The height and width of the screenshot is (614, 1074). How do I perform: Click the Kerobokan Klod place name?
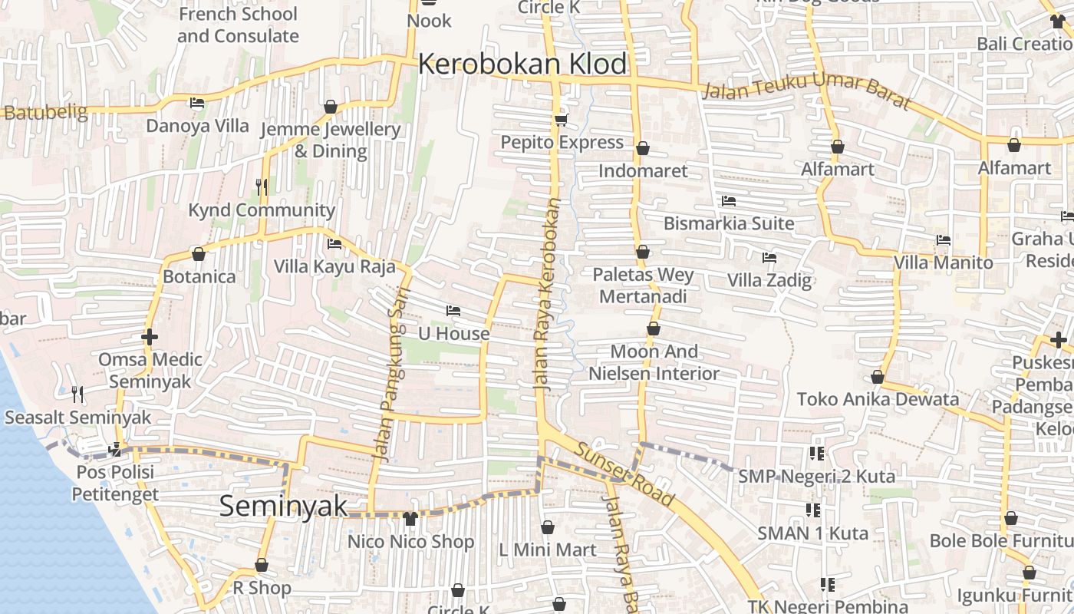[x=522, y=64]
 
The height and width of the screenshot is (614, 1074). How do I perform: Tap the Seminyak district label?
[x=283, y=507]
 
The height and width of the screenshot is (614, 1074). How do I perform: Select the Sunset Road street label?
[x=625, y=475]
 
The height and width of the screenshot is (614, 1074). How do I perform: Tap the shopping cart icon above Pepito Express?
[x=562, y=120]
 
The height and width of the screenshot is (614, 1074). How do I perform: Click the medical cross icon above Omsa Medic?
[x=150, y=337]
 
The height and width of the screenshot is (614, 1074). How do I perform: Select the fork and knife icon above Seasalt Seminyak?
[x=77, y=394]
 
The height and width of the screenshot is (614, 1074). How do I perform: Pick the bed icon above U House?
[x=453, y=311]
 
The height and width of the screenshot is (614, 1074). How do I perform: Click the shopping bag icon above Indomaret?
[x=643, y=147]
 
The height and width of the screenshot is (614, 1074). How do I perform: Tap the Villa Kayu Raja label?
[x=335, y=266]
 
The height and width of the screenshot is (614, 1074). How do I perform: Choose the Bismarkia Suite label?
[x=729, y=223]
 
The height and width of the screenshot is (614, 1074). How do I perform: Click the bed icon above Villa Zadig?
[x=769, y=258]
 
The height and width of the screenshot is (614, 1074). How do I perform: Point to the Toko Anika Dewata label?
[x=878, y=399]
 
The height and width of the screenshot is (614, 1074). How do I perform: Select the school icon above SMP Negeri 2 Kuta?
[x=816, y=454]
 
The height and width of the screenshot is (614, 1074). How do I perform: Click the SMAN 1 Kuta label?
[x=813, y=533]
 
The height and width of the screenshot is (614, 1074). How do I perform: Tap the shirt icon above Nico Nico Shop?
[x=410, y=519]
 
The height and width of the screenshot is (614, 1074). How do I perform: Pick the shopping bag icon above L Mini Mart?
[x=548, y=527]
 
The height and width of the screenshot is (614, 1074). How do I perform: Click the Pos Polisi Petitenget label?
[x=115, y=483]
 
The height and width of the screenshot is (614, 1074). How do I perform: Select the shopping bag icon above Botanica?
[x=199, y=254]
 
